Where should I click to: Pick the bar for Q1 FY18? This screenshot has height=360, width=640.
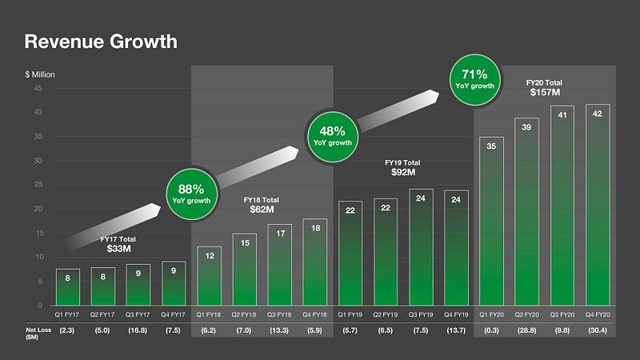(208, 276)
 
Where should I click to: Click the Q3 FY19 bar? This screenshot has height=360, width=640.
(421, 247)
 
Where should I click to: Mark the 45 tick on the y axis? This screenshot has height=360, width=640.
(38, 89)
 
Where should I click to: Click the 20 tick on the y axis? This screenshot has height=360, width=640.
(38, 209)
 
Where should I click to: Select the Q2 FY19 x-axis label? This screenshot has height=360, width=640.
(385, 314)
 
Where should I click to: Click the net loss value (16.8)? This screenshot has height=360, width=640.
(137, 332)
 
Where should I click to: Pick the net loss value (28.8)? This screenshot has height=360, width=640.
(527, 332)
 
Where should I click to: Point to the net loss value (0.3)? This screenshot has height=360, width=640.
(491, 332)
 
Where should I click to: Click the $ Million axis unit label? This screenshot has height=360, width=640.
(40, 74)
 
